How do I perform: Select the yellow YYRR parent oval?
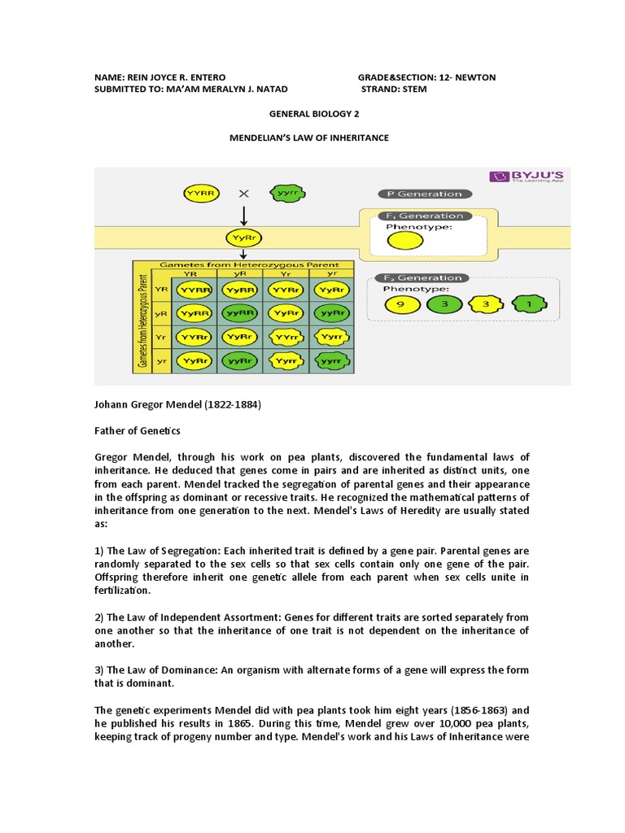click(x=199, y=194)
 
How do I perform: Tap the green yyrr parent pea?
click(x=286, y=194)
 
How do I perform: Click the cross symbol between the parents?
click(x=243, y=194)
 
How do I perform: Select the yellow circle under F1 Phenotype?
click(x=404, y=240)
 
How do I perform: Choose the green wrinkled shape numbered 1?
click(x=530, y=305)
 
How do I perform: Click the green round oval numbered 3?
click(x=443, y=305)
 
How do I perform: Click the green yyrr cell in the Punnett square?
click(x=331, y=359)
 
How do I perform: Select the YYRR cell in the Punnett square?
click(x=196, y=289)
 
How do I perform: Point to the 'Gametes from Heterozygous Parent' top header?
click(x=242, y=265)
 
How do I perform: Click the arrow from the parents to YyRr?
click(x=243, y=216)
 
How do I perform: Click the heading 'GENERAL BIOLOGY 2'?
click(x=312, y=115)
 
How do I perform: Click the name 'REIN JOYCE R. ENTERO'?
click(x=180, y=77)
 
